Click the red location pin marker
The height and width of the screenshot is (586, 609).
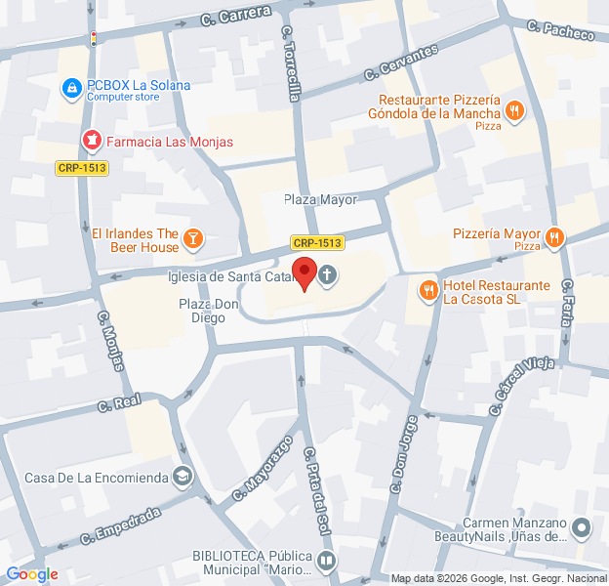click(x=305, y=273)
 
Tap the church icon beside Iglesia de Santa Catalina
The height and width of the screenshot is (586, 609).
click(x=328, y=275)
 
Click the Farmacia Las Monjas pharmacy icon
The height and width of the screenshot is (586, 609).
click(x=91, y=142)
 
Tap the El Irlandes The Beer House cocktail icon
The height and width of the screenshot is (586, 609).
click(x=193, y=238)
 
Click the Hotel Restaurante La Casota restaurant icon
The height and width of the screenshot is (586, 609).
click(x=428, y=290)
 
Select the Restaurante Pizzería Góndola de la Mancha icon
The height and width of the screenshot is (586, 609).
click(x=515, y=111)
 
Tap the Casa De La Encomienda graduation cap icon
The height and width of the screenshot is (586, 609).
click(x=182, y=477)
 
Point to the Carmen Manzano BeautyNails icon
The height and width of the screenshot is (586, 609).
click(x=582, y=529)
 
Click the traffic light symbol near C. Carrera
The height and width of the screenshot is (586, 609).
click(x=94, y=39)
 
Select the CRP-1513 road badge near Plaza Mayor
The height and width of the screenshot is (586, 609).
click(x=317, y=242)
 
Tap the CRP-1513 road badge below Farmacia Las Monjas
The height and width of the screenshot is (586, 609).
click(x=82, y=168)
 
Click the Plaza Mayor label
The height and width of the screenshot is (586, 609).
click(x=320, y=199)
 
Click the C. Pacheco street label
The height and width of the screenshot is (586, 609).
click(x=560, y=30)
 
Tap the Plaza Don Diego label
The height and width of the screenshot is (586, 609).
click(x=209, y=311)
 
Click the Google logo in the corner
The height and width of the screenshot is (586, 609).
click(x=32, y=574)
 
